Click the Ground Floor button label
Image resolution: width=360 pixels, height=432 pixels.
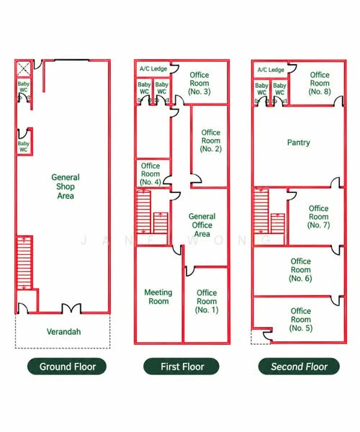point(68,366)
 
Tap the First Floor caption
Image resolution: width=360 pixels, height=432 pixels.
point(182,366)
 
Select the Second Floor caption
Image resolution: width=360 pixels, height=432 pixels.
point(299,366)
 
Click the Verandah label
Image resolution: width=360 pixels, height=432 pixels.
point(63,331)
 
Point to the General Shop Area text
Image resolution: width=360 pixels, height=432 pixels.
point(66,186)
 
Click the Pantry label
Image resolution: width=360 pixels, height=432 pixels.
point(299,143)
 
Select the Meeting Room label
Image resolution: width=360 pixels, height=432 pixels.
point(158,297)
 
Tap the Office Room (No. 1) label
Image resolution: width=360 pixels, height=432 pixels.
point(207,302)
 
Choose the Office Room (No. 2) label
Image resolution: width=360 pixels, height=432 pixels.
point(211,141)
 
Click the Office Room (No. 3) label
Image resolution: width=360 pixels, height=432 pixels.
point(199,84)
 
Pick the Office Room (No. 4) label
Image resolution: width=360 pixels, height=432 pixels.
point(150,174)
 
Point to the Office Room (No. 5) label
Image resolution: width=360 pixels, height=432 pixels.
point(301,320)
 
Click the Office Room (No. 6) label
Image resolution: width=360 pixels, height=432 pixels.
point(300,270)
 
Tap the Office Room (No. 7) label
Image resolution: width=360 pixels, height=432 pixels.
point(318,217)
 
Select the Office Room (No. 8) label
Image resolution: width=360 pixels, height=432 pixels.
point(320,84)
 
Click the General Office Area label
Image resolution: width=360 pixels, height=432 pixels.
point(202,225)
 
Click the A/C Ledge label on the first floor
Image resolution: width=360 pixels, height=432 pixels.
point(153,68)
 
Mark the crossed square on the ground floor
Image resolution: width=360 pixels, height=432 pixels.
point(24,69)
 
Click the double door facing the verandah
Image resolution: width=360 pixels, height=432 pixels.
point(71,308)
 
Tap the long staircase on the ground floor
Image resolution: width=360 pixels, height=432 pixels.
point(24,263)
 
